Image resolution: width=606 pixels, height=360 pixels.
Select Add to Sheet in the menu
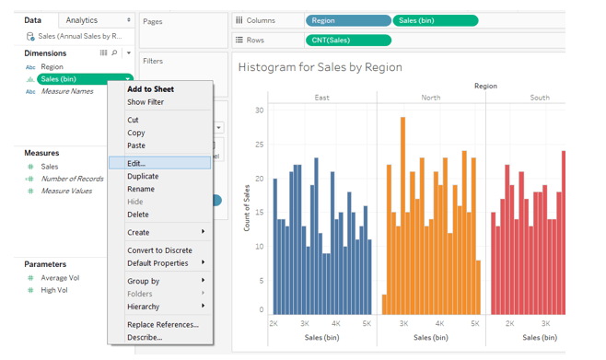[x=150, y=89]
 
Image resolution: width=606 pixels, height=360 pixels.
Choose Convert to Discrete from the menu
[x=159, y=250]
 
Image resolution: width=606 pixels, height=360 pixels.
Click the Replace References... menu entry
[x=162, y=325]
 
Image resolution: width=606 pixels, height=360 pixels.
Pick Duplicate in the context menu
[x=143, y=176]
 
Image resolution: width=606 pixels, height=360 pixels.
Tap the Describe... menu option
[x=145, y=338]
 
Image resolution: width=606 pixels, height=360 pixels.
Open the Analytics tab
[x=82, y=19]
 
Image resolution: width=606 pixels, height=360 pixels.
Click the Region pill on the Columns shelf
[x=347, y=20]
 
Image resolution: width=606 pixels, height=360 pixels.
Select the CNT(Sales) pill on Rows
[x=347, y=40]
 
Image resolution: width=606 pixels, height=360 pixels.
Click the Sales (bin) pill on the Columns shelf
[x=435, y=20]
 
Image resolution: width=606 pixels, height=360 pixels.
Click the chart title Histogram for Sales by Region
[x=320, y=67]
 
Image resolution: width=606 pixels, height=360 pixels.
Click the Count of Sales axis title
[x=247, y=208]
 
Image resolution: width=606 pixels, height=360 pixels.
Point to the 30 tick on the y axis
[x=259, y=110]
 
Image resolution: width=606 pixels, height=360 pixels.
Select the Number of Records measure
[x=72, y=179]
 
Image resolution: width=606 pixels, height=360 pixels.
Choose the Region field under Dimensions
[x=52, y=67]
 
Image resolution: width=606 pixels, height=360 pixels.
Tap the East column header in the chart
[x=321, y=98]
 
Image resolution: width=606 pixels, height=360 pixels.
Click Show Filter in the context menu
[x=146, y=102]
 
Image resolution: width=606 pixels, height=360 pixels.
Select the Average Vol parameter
[x=61, y=278]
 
